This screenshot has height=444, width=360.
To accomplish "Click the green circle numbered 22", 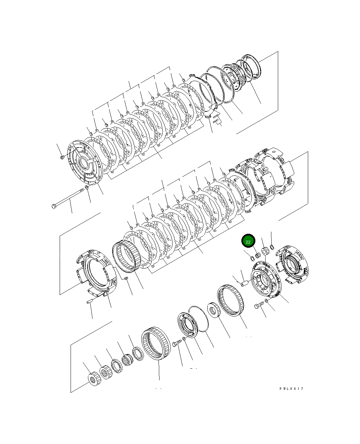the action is coord(248,241).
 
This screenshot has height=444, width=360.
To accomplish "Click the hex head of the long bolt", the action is coord(54,206).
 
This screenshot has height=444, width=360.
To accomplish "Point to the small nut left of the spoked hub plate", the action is coord(62,157).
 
